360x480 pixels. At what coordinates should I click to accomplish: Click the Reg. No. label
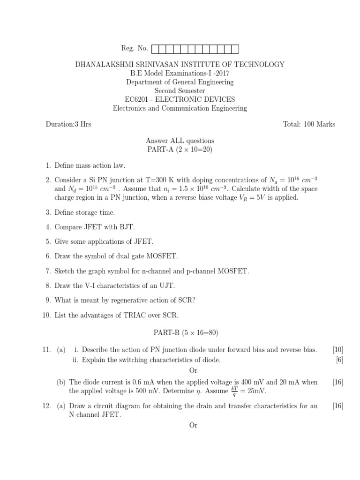[x=134, y=48]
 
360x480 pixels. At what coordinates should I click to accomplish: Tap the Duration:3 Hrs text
[x=68, y=124]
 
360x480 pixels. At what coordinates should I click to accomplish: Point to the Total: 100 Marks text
[x=309, y=124]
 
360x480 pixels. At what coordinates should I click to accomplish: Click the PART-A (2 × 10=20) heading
[x=180, y=150]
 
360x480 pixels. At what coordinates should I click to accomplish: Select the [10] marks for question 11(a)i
[x=337, y=350]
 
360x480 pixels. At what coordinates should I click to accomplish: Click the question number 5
[x=48, y=241]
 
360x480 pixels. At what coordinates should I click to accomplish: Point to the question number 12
[x=46, y=406]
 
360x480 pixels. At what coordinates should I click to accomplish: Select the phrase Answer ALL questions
[x=180, y=141]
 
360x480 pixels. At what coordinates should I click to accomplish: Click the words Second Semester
[x=180, y=90]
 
